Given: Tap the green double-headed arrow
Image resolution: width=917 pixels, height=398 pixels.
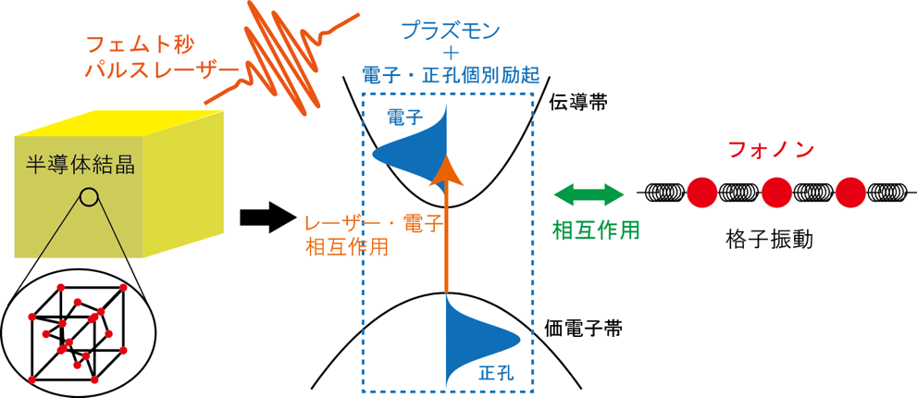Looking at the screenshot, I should tap(589, 194).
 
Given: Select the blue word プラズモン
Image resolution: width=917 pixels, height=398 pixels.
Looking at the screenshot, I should tap(450, 31).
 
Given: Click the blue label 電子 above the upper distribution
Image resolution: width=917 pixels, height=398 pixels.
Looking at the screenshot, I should tap(405, 118).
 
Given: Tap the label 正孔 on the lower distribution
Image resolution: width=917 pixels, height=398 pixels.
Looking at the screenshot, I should tap(495, 373).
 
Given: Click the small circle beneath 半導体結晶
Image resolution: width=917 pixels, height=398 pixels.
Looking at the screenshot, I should tap(89, 196).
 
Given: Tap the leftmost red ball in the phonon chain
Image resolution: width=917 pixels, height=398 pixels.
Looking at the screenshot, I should tap(701, 192).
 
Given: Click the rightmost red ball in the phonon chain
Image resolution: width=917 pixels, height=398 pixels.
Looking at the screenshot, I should tap(850, 192).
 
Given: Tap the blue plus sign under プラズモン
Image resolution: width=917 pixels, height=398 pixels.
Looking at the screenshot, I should tap(450, 52).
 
